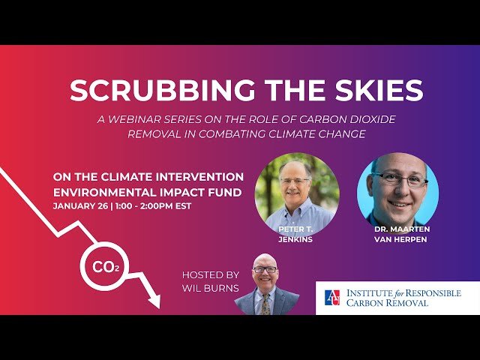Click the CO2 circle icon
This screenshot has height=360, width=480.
[x=105, y=266]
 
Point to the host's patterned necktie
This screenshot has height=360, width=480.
[x=265, y=304]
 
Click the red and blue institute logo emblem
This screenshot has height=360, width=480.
[x=332, y=298]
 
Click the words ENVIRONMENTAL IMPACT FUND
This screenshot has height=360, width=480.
[x=148, y=192]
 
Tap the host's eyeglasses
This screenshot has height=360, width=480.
[x=265, y=269]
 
